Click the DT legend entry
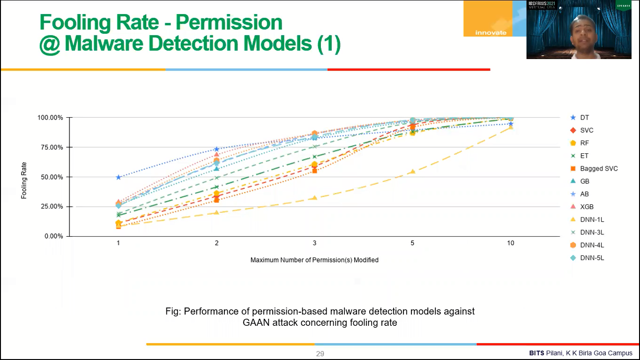pyautogui.click(x=584, y=118)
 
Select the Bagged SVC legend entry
pyautogui.click(x=598, y=169)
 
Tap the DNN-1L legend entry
pyautogui.click(x=591, y=219)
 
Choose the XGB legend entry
pyautogui.click(x=587, y=207)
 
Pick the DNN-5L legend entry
pyautogui.click(x=591, y=258)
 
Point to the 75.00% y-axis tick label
pyautogui.click(x=50, y=147)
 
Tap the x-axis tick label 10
pyautogui.click(x=510, y=243)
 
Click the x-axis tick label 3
pyautogui.click(x=314, y=243)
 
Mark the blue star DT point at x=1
pyautogui.click(x=119, y=177)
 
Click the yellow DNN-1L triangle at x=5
pyautogui.click(x=412, y=172)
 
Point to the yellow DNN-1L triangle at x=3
pyautogui.click(x=314, y=198)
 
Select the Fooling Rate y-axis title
pyautogui.click(x=24, y=180)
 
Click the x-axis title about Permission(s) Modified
pyautogui.click(x=314, y=260)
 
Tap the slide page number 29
pyautogui.click(x=320, y=354)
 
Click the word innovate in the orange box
pyautogui.click(x=491, y=32)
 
